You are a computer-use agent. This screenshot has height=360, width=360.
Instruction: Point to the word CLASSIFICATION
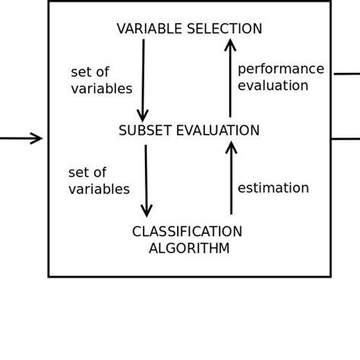point(187,232)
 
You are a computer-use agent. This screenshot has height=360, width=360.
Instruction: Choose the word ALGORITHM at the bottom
point(189,249)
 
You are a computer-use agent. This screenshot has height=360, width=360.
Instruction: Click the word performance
point(280,69)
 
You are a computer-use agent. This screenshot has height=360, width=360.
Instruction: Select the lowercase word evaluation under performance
point(273,86)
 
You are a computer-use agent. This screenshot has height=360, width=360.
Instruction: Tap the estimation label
point(273,188)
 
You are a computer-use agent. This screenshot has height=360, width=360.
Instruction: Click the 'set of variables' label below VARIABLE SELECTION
point(101,81)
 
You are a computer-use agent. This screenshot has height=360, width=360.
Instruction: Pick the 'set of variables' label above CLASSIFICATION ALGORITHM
point(99,182)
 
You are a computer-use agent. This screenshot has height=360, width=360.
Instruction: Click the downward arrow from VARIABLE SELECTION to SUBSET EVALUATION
point(143,80)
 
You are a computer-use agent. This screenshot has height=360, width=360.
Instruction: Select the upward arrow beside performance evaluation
point(230,80)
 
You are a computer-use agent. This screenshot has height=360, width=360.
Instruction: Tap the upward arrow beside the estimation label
point(231,178)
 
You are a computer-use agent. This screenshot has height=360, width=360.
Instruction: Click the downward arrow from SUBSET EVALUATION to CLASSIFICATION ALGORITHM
point(146,181)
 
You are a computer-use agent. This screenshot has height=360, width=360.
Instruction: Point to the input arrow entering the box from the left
point(21,138)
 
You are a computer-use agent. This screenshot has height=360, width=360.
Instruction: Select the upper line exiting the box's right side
point(346,74)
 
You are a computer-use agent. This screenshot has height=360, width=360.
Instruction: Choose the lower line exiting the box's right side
point(346,138)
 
